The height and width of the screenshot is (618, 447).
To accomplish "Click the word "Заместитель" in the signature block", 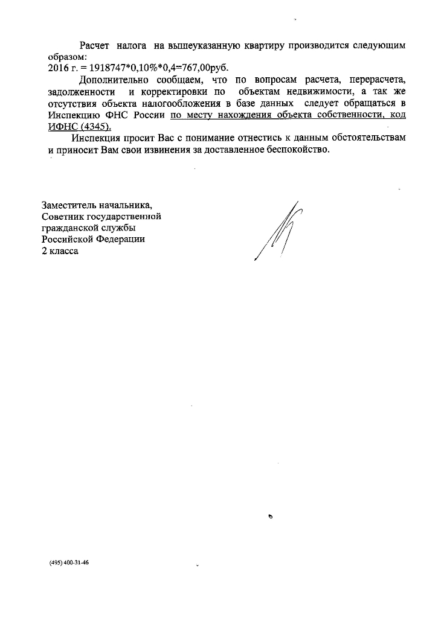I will click(x=68, y=204).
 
